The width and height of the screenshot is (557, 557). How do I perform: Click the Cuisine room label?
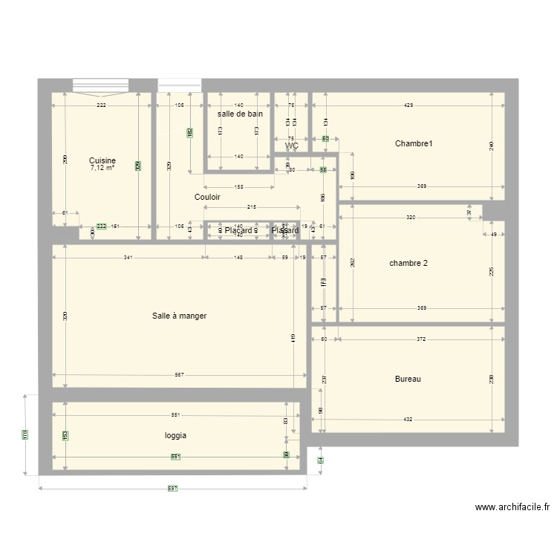[x=102, y=160]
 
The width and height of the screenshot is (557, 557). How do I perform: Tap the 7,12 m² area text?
[x=102, y=168]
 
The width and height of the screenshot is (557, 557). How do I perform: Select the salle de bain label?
[x=240, y=114]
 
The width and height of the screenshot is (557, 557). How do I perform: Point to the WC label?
[x=292, y=146]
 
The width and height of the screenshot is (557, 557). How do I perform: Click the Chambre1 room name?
[x=414, y=143]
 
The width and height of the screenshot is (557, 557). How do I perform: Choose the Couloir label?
[x=207, y=197]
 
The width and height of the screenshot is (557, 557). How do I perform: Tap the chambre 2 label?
[x=408, y=263]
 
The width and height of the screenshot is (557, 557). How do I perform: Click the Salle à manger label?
[x=179, y=316]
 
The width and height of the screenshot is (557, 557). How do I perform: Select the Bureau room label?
[x=408, y=379]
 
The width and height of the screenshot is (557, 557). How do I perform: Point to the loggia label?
[x=175, y=436]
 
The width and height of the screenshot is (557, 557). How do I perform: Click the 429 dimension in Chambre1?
[x=408, y=106]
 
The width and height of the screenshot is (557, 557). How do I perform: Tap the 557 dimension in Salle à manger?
[x=179, y=374]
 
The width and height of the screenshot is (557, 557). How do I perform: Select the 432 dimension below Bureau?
[x=408, y=420]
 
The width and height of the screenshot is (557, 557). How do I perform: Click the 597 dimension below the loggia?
[x=172, y=488]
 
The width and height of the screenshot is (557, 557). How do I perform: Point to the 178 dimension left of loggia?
[x=25, y=434]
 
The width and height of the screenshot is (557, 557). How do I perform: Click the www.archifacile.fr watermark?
[x=512, y=508]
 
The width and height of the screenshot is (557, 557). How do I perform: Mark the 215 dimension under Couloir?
[x=252, y=207]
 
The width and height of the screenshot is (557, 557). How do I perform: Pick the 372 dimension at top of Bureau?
[x=420, y=339]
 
